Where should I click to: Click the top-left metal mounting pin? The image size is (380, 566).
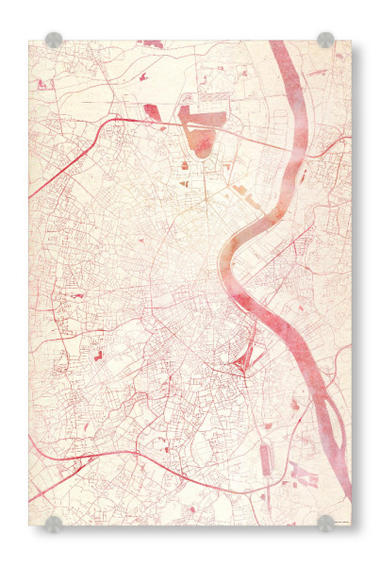54,40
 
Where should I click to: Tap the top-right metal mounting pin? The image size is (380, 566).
325,40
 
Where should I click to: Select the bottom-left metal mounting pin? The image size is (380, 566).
54,523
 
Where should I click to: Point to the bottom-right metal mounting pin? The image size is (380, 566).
325,523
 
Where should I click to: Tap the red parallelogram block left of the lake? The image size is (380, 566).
152,112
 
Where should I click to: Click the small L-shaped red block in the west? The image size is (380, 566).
97,356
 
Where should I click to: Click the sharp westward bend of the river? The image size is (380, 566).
226,255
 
